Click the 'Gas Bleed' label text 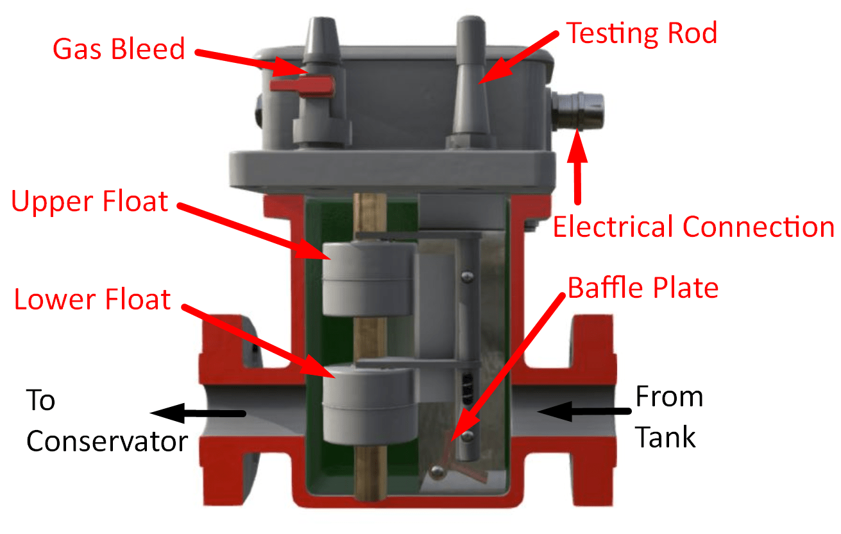click(x=119, y=49)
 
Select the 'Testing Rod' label click(x=641, y=33)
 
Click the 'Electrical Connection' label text click(x=693, y=227)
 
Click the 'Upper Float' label click(x=90, y=202)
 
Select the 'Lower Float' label click(x=92, y=300)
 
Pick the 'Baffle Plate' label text click(x=643, y=288)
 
